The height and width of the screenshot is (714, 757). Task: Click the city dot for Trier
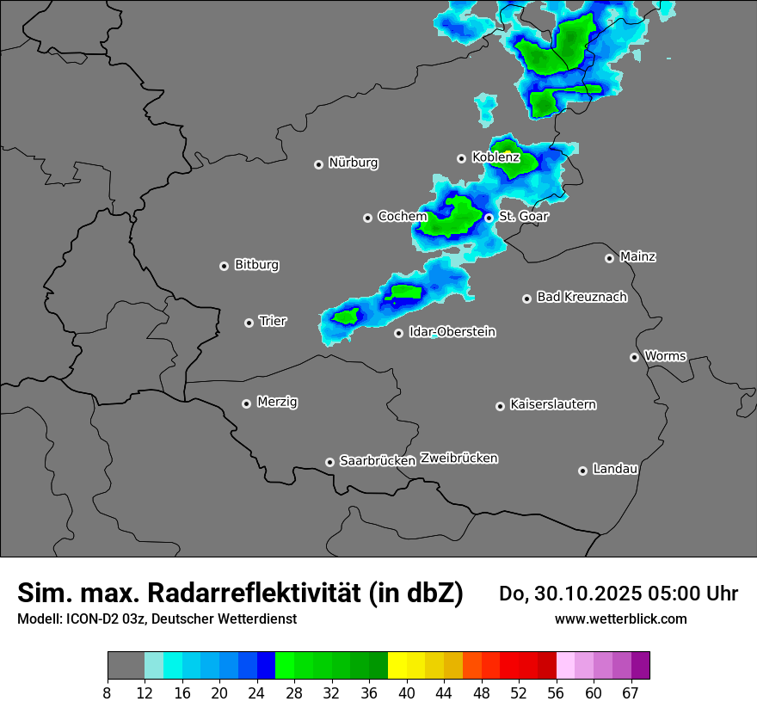click(x=249, y=323)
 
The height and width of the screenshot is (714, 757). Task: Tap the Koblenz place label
click(x=495, y=157)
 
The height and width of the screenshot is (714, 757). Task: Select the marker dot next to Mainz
click(x=609, y=258)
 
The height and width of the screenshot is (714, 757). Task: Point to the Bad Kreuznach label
click(x=582, y=297)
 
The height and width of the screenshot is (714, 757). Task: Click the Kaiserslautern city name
click(x=552, y=404)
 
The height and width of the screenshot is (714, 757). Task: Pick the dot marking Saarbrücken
click(x=329, y=462)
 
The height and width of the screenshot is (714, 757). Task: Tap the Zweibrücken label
click(x=459, y=458)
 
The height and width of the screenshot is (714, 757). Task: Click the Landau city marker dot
click(x=582, y=471)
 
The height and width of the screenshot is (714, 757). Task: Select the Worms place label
click(x=665, y=355)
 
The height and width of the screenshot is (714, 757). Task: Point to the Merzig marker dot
click(x=247, y=403)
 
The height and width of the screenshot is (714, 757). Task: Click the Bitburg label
click(x=256, y=265)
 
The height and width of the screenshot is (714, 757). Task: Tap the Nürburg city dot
click(x=318, y=164)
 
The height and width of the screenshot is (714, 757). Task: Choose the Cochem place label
click(x=402, y=217)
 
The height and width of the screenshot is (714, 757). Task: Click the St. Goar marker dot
click(x=489, y=218)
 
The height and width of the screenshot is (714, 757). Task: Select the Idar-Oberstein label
click(x=452, y=332)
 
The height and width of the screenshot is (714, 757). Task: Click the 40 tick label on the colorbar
click(x=406, y=693)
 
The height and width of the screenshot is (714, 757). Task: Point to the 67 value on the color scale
click(x=631, y=693)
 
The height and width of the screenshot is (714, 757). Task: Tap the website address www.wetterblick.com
click(x=620, y=619)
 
